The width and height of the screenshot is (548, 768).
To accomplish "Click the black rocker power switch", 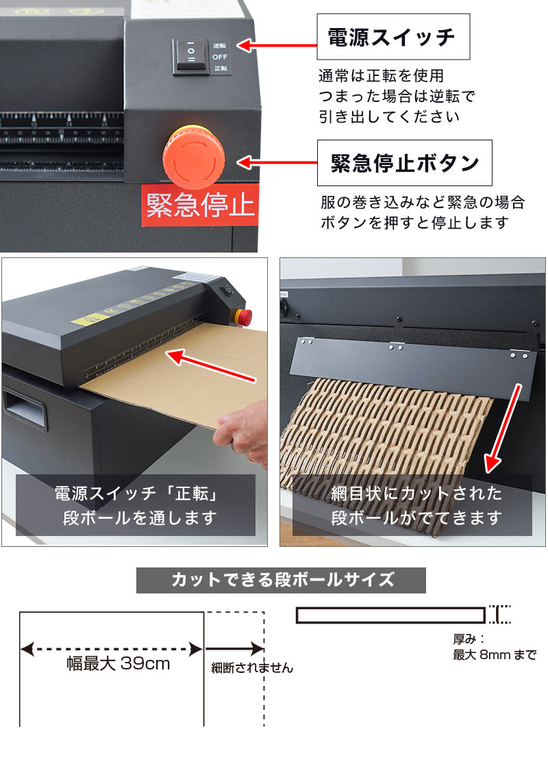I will click(191, 55).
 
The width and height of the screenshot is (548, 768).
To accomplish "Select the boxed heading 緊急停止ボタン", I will click(404, 163).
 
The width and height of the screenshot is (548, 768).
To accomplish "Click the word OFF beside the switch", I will click(219, 57).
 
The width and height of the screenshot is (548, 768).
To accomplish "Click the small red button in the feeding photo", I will click(244, 317).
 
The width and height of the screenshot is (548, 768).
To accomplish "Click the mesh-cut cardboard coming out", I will click(384, 431).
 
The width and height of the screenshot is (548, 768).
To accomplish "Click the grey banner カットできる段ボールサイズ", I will click(281, 580).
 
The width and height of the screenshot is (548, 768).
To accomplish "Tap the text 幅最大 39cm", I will click(118, 663).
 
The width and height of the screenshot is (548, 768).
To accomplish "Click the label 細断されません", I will click(251, 668).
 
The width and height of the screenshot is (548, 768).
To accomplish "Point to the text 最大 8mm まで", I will click(494, 655).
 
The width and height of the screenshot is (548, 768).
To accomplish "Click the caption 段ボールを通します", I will click(135, 517).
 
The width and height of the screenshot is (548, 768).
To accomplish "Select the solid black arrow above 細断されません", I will click(234, 648).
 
